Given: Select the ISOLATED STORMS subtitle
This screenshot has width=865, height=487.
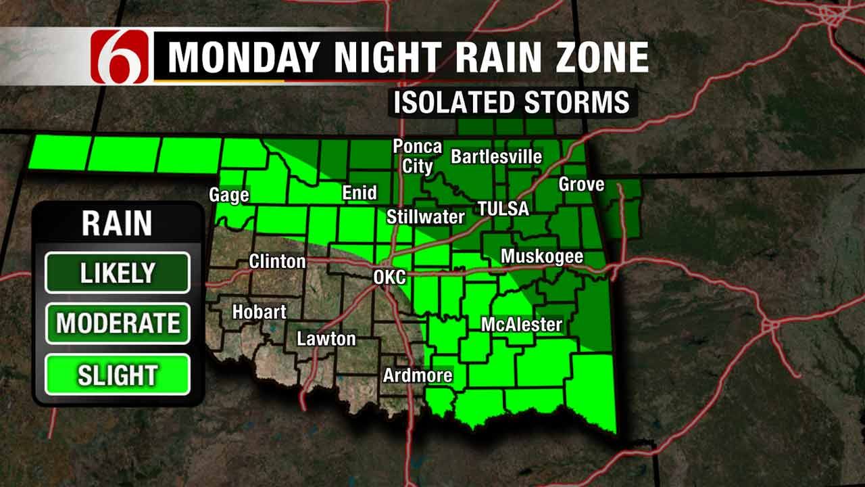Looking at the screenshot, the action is [x=512, y=103].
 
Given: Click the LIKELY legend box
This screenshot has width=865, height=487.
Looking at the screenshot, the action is [x=118, y=273].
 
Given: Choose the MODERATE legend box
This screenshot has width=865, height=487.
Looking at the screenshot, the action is [x=118, y=323].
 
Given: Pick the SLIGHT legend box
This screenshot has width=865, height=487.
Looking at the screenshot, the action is [x=118, y=375].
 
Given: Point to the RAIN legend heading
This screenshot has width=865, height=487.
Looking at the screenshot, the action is [x=117, y=224].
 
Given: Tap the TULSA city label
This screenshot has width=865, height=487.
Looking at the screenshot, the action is [x=503, y=209].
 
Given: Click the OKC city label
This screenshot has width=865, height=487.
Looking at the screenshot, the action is [x=390, y=277].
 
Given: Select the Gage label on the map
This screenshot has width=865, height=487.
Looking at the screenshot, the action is [x=229, y=195].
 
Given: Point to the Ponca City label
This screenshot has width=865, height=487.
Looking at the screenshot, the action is [x=418, y=156].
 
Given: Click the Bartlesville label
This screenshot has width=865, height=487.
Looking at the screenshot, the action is [x=497, y=157].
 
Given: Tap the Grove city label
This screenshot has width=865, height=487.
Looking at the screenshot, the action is [x=581, y=184].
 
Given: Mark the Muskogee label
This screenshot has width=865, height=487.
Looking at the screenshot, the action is [x=542, y=257].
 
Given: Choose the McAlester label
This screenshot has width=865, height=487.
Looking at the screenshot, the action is [x=522, y=325].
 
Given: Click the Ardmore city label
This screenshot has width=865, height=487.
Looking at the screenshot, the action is [x=418, y=375].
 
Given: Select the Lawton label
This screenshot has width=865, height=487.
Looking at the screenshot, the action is [x=326, y=339].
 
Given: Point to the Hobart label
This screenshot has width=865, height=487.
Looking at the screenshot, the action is [x=259, y=312].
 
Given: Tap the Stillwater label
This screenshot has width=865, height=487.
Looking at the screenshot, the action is [x=426, y=217].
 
